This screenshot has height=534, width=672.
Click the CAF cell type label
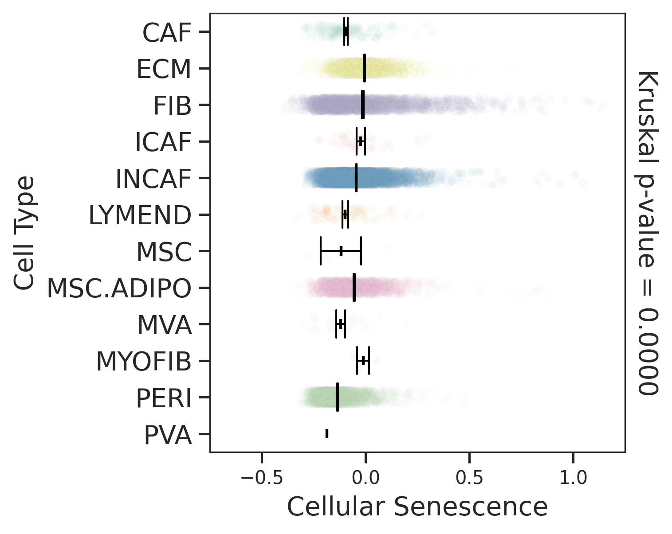pyautogui.click(x=166, y=33)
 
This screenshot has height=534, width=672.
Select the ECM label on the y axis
pyautogui.click(x=163, y=69)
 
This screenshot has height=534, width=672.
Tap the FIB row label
pyautogui.click(x=172, y=106)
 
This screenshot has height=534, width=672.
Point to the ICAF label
pyautogui.click(x=163, y=142)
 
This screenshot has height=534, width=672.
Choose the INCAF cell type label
pyautogui.click(x=153, y=179)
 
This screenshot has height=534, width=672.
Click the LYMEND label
pyautogui.click(x=140, y=215)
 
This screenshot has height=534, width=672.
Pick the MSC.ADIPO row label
pyautogui.click(x=119, y=288)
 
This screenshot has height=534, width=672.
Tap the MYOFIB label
pyautogui.click(x=143, y=362)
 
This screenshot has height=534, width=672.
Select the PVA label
pyautogui.click(x=168, y=435)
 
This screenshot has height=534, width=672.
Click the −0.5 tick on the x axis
pyautogui.click(x=261, y=478)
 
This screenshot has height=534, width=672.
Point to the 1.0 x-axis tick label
pyautogui.click(x=573, y=478)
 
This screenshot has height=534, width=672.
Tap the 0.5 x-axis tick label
pyautogui.click(x=469, y=478)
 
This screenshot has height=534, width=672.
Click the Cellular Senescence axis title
pyautogui.click(x=417, y=507)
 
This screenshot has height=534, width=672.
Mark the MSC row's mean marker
pyautogui.click(x=341, y=251)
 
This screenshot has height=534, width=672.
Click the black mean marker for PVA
pyautogui.click(x=327, y=433)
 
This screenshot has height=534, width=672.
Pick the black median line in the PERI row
pyautogui.click(x=338, y=397)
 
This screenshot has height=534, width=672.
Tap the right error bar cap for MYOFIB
pyautogui.click(x=369, y=360)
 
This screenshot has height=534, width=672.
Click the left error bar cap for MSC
pyautogui.click(x=320, y=251)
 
